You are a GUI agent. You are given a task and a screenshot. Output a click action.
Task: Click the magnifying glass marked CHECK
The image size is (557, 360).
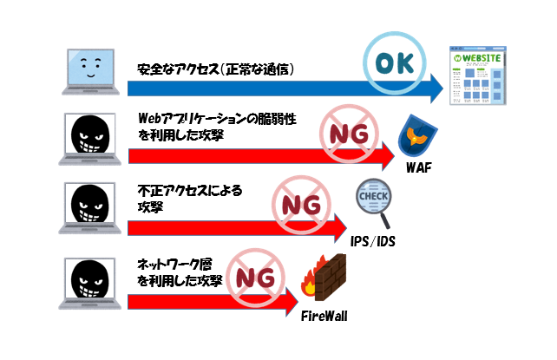(376, 204)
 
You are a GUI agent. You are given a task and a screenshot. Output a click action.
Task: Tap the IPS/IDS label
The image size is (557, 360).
(374, 240)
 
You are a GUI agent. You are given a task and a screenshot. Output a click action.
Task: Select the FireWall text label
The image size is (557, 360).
(324, 316)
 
